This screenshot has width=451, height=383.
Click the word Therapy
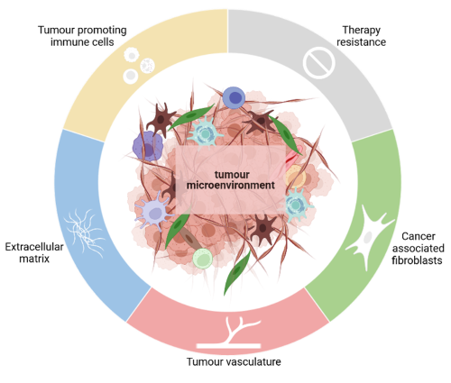click(361, 31)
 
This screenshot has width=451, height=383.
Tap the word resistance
click(361, 42)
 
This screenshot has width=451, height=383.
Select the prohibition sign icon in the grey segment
click(318, 63)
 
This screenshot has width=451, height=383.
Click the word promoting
click(102, 31)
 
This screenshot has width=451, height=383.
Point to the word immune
click(65, 42)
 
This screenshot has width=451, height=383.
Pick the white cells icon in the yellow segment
click(139, 65)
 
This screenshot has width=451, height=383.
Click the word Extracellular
click(34, 247)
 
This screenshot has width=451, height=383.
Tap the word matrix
click(34, 259)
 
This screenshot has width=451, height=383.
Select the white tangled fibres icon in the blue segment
click(85, 232)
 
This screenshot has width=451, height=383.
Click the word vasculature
click(253, 361)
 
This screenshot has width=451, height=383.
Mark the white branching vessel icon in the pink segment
click(228, 333)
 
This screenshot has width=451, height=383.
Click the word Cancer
click(419, 236)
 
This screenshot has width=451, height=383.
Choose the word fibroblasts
click(417, 260)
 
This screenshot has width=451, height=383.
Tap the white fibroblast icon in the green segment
click(369, 237)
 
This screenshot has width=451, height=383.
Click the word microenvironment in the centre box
click(231, 186)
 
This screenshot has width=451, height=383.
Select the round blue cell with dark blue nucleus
click(234, 97)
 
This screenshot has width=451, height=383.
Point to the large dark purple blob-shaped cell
click(148, 147)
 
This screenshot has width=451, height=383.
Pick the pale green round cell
click(203, 259)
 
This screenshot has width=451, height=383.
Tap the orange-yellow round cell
click(295, 177)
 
